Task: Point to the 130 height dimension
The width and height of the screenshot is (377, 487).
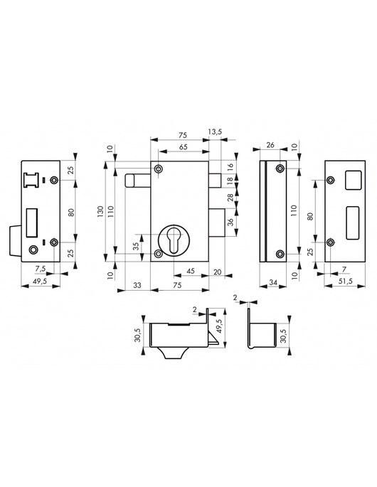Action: [x=101, y=211]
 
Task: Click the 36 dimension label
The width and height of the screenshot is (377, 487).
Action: [x=230, y=222]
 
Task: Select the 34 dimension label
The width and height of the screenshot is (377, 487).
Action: [x=273, y=284]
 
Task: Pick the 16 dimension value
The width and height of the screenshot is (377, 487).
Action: [x=230, y=166]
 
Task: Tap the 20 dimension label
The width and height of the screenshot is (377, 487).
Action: [x=216, y=271]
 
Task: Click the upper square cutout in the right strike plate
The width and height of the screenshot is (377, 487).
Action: [x=351, y=181]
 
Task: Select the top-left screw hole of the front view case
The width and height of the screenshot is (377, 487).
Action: [x=158, y=169]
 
